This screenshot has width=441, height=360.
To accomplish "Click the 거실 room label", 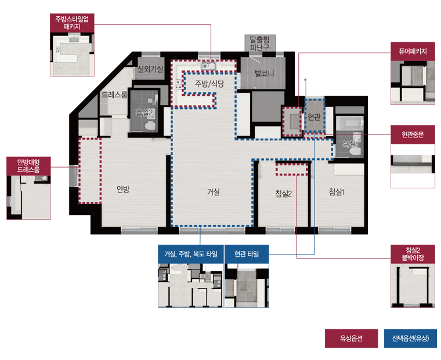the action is [x=213, y=192].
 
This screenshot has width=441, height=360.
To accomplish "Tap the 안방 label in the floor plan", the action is [x=123, y=189].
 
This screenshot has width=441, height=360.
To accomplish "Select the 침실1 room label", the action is [x=337, y=192].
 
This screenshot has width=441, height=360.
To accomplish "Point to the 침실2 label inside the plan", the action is [x=283, y=194].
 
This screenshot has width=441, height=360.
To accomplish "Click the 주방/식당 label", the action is [x=209, y=83].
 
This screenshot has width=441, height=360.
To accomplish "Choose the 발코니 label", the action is [x=264, y=74].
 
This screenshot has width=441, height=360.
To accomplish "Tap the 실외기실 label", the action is [x=150, y=69].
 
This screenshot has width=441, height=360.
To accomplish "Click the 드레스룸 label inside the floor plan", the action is [x=114, y=94].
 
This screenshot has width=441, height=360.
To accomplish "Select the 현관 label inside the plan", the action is [x=314, y=117].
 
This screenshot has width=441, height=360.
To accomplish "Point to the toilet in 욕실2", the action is [x=150, y=125].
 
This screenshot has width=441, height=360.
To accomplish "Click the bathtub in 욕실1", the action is [x=349, y=123].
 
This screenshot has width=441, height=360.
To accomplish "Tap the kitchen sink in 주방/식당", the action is [x=208, y=66].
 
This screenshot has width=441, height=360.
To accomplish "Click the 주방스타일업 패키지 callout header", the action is [x=72, y=23].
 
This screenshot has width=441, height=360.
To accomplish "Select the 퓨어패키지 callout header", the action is [x=413, y=52].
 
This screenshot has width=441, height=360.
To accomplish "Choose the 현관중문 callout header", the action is [x=413, y=135].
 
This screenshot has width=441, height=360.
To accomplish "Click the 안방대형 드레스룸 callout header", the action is [x=28, y=166].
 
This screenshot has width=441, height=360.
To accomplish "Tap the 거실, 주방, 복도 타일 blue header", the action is [x=191, y=254].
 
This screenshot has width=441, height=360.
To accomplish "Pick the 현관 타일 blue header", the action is [x=247, y=254].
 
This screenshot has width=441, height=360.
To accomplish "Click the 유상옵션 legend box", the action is [x=351, y=339].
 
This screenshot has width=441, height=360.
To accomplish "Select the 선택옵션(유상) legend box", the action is [x=410, y=339].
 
